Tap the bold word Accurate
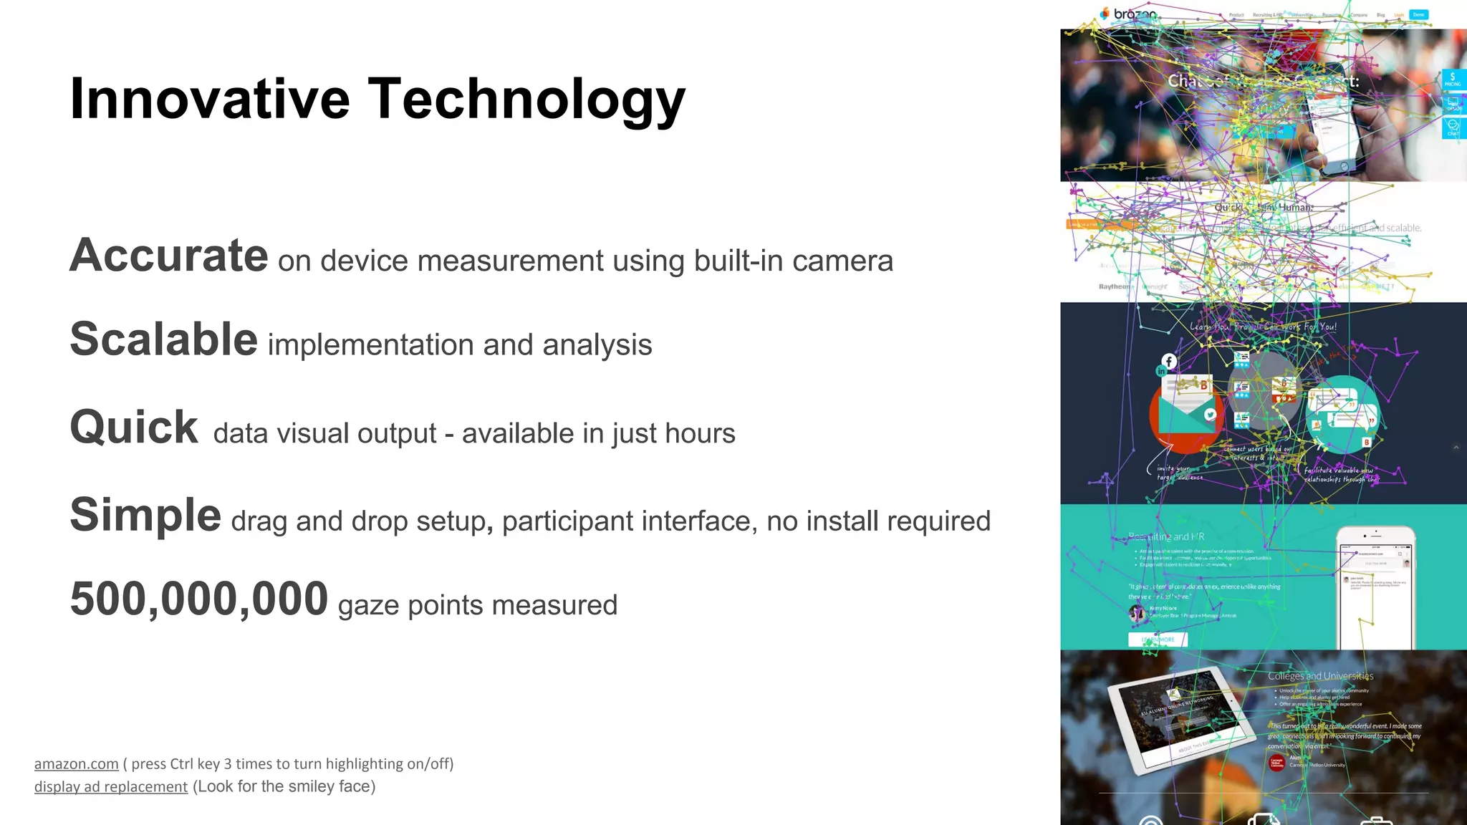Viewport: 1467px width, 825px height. pos(169,255)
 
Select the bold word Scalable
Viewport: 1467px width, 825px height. pos(163,339)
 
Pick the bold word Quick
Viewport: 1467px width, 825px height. pos(134,428)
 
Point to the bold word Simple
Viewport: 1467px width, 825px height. pos(145,515)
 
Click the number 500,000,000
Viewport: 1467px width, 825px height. pos(199,599)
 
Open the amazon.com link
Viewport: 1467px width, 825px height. pos(77,764)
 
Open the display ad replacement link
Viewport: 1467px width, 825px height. pos(111,786)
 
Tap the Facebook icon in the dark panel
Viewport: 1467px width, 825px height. pos(1169,361)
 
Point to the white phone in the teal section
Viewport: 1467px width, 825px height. pos(1375,587)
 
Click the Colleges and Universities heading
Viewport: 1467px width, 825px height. pos(1320,676)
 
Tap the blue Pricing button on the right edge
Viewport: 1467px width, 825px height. pos(1453,79)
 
